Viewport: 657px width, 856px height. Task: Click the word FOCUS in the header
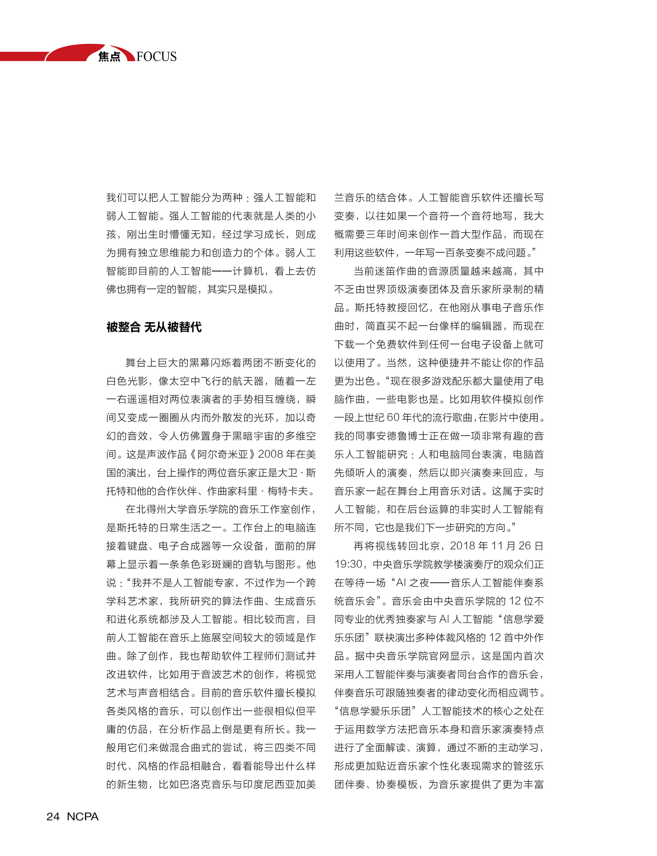(157, 57)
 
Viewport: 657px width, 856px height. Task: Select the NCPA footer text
(83, 816)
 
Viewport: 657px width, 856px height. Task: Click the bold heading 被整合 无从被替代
(154, 327)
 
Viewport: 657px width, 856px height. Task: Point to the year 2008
(270, 454)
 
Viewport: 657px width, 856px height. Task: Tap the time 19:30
(348, 564)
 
